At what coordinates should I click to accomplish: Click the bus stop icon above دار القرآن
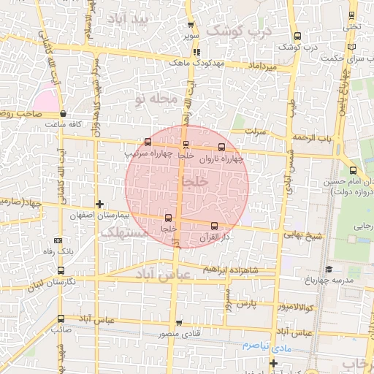pyautogui.click(x=214, y=226)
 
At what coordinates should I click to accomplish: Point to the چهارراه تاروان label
pyautogui.click(x=219, y=158)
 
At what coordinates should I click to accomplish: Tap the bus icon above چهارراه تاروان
pyautogui.click(x=222, y=146)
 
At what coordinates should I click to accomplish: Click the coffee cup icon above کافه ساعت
pyautogui.click(x=64, y=114)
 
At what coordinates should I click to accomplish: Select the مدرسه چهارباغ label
pyautogui.click(x=327, y=281)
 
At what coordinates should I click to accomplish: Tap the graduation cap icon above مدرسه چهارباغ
pyautogui.click(x=328, y=270)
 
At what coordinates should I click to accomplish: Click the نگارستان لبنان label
pyautogui.click(x=32, y=282)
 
